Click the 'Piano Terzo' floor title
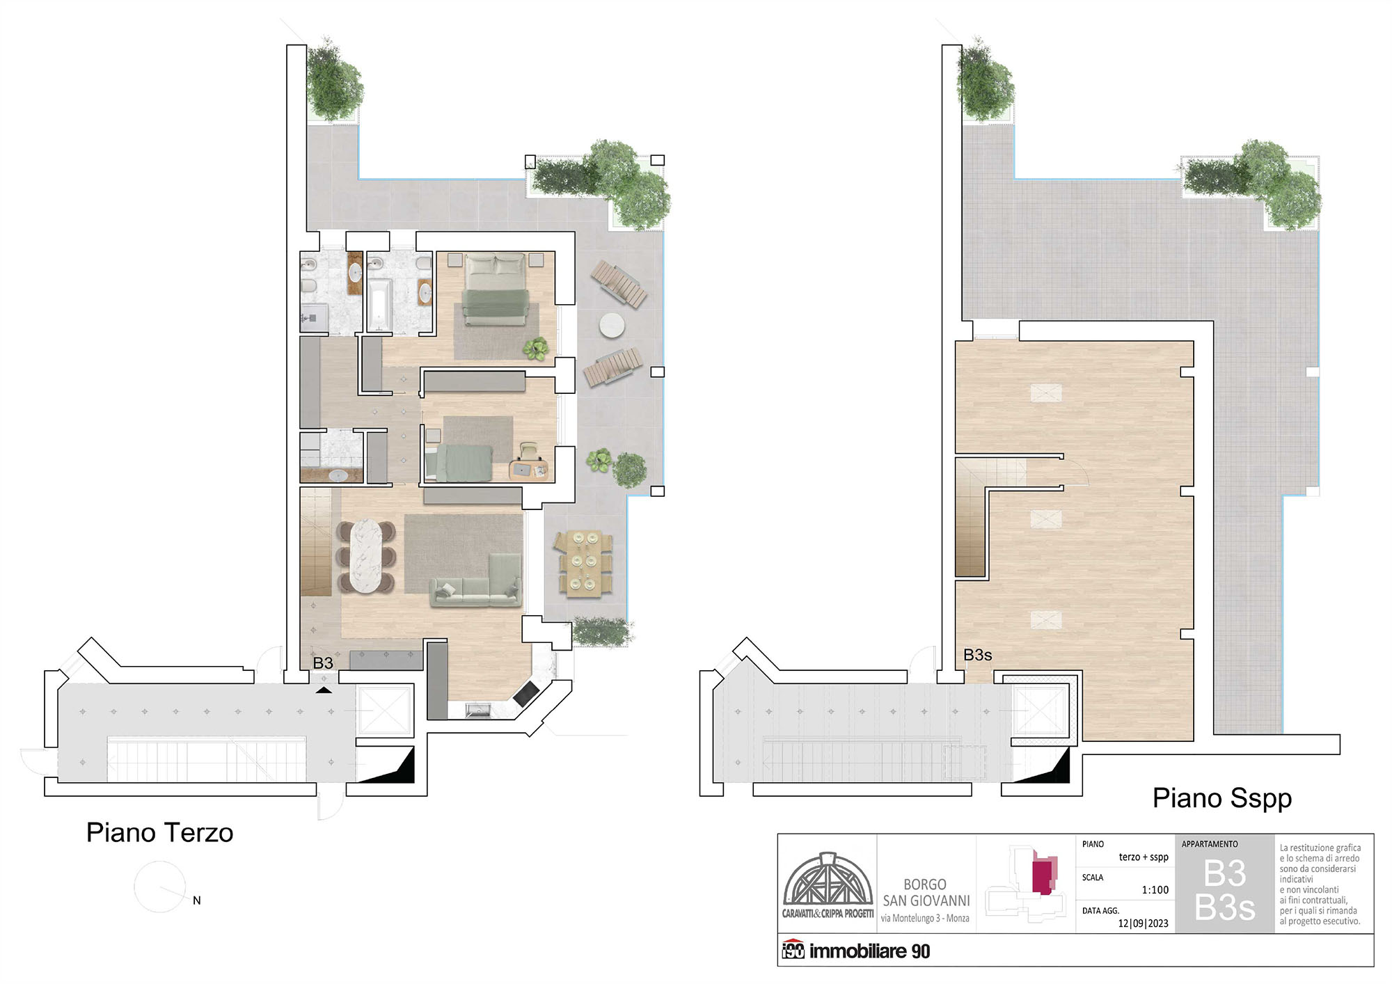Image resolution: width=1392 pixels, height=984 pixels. pyautogui.click(x=159, y=832)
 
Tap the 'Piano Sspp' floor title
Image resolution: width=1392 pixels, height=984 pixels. pyautogui.click(x=1222, y=798)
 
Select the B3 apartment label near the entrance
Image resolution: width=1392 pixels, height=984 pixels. pyautogui.click(x=323, y=663)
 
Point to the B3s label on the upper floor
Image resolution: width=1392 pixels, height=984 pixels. pyautogui.click(x=977, y=655)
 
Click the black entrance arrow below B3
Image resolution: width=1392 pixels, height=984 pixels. pyautogui.click(x=324, y=690)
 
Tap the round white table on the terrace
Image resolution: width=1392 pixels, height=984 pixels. pyautogui.click(x=612, y=325)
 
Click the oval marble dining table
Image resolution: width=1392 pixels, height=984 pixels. pyautogui.click(x=366, y=556)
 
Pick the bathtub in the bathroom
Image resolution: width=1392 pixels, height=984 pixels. pyautogui.click(x=379, y=304)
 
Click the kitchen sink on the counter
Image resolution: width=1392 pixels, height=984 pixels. pyautogui.click(x=479, y=711)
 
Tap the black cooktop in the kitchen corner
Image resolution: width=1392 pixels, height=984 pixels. pyautogui.click(x=526, y=693)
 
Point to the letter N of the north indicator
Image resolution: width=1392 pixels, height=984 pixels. pyautogui.click(x=197, y=900)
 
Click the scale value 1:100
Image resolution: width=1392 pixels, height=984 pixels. pyautogui.click(x=1155, y=890)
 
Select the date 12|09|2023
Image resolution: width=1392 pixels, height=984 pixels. pyautogui.click(x=1144, y=923)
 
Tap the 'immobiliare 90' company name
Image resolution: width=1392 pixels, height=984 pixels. pyautogui.click(x=869, y=951)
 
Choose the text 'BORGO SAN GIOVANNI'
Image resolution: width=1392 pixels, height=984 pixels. pyautogui.click(x=926, y=892)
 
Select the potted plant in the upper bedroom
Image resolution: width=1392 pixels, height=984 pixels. pyautogui.click(x=536, y=348)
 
